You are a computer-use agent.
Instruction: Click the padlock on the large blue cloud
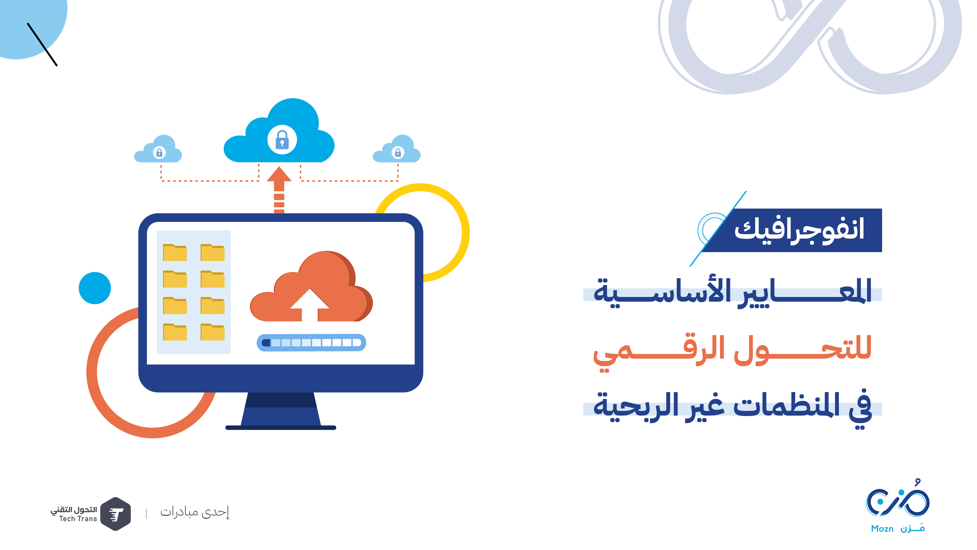click(282, 140)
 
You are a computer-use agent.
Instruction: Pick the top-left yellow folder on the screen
click(175, 253)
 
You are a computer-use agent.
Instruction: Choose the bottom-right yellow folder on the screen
click(212, 332)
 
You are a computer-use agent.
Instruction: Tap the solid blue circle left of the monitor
click(95, 288)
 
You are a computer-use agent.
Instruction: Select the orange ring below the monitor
click(92, 372)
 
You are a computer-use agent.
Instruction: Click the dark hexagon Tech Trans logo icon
click(116, 514)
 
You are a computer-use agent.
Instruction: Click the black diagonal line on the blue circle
click(42, 45)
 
